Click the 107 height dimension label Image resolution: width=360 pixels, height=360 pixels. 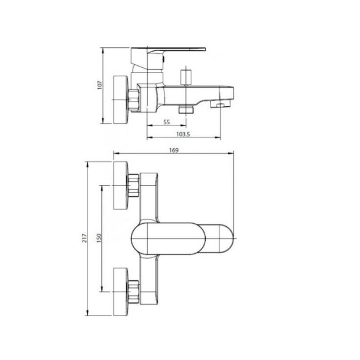click(100, 85)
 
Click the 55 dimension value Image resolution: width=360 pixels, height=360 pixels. click(167, 122)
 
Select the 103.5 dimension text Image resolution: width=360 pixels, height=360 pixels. click(183, 134)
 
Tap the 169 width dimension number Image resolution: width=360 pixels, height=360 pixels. click(174, 151)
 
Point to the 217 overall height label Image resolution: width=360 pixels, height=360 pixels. click(85, 238)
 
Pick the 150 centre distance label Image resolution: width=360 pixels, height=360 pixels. click(99, 238)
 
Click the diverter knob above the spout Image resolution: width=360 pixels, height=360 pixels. click(186, 77)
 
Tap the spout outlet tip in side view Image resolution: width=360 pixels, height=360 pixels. click(220, 104)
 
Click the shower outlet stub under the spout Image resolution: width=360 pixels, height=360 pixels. click(186, 109)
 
